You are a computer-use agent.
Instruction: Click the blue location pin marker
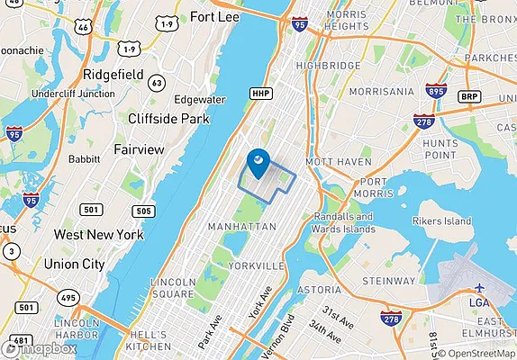point(257,163)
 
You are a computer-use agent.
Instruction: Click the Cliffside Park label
point(168,118)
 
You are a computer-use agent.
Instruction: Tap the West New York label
point(98,234)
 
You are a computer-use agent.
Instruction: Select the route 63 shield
point(158,83)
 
